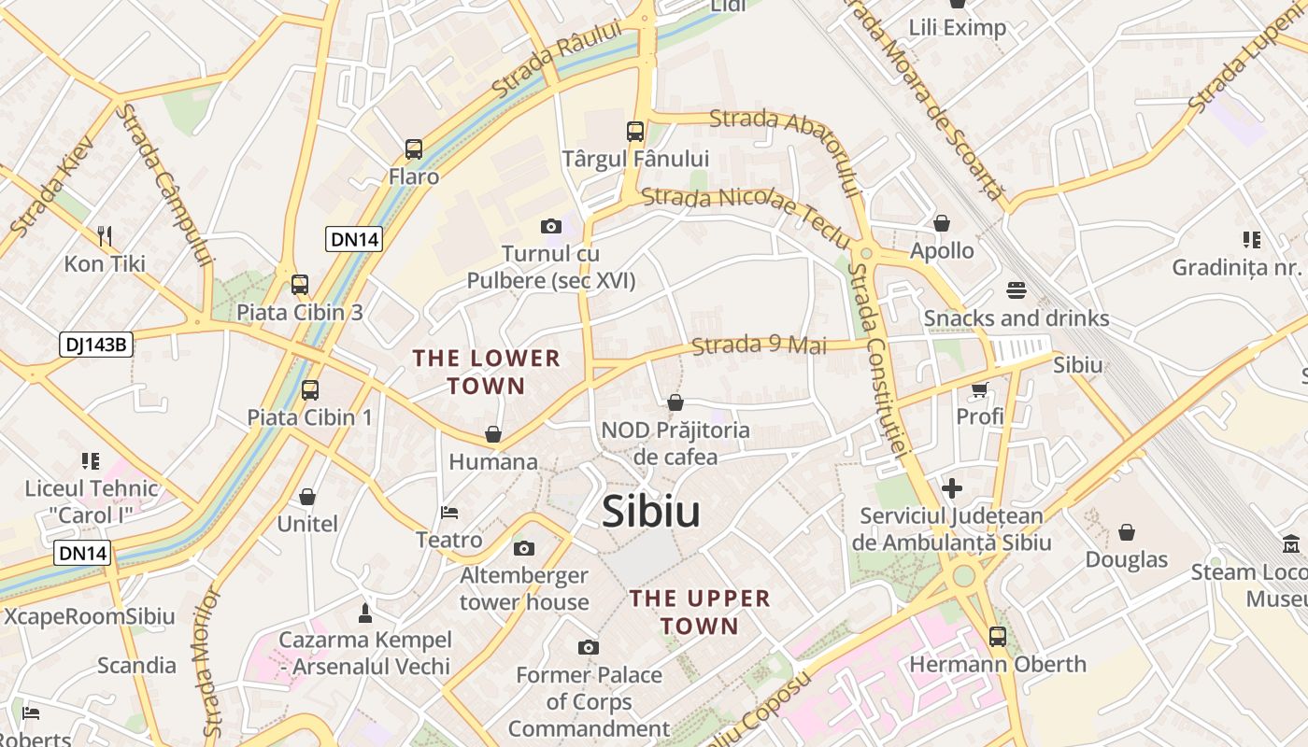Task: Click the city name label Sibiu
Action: [x=650, y=511]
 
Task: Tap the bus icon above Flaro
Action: [x=414, y=148]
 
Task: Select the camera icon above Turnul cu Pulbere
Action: [x=551, y=226]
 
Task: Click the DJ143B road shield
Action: [x=96, y=345]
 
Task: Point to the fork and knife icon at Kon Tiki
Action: [x=105, y=236]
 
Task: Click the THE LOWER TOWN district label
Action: [x=486, y=372]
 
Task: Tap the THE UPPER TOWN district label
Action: [x=699, y=612]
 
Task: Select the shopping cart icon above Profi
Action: [x=979, y=389]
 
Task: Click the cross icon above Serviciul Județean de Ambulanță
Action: [x=951, y=488]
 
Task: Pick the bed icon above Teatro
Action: [x=449, y=513]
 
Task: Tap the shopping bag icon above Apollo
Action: [x=942, y=223]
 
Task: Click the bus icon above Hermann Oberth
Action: [x=998, y=637]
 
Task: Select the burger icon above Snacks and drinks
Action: [x=1017, y=290]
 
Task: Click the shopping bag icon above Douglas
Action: [x=1127, y=532]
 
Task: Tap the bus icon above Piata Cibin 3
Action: [x=300, y=285]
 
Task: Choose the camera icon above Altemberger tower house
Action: [x=524, y=548]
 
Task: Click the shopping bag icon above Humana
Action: [x=493, y=434]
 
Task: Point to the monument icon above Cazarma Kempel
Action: [x=365, y=613]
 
